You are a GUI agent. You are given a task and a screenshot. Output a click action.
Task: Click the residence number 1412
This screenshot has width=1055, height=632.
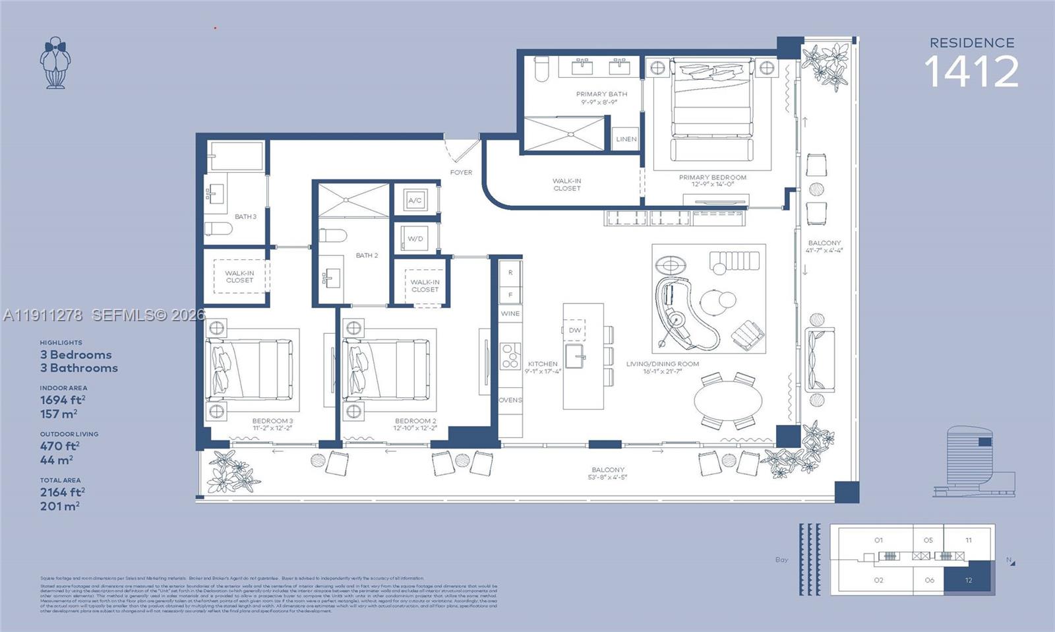(x=971, y=72)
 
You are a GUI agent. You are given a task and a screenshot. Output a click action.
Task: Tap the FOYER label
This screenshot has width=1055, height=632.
(x=461, y=172)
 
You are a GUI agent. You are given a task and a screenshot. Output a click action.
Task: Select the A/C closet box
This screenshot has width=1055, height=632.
(x=415, y=201)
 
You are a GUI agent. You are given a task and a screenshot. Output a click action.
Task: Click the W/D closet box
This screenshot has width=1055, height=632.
(x=415, y=238)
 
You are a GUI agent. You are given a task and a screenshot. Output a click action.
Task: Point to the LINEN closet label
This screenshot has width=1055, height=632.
(x=626, y=139)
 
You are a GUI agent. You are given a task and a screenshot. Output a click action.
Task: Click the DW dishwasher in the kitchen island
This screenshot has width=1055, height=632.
(x=575, y=330)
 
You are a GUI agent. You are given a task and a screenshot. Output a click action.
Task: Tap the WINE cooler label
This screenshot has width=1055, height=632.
(x=510, y=313)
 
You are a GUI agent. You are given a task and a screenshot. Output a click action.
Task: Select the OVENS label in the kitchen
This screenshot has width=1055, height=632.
(x=510, y=400)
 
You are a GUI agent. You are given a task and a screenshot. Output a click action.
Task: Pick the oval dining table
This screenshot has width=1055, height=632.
(x=728, y=400)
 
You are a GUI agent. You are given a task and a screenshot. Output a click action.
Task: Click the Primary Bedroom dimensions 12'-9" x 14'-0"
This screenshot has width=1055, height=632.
(x=712, y=185)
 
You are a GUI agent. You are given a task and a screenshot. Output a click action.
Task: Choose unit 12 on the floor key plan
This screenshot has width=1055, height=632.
(x=968, y=579)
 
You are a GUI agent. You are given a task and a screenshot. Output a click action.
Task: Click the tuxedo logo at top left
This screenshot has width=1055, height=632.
(x=55, y=63)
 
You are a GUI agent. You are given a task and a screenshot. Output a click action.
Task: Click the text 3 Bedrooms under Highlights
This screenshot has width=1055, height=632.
(x=76, y=355)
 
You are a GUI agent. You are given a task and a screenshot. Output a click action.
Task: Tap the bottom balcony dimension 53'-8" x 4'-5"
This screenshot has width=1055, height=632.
(x=607, y=477)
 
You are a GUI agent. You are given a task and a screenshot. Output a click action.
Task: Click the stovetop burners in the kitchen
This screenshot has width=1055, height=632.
(x=510, y=357)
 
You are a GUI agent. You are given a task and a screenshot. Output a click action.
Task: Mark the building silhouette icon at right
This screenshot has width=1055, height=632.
(x=974, y=462)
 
